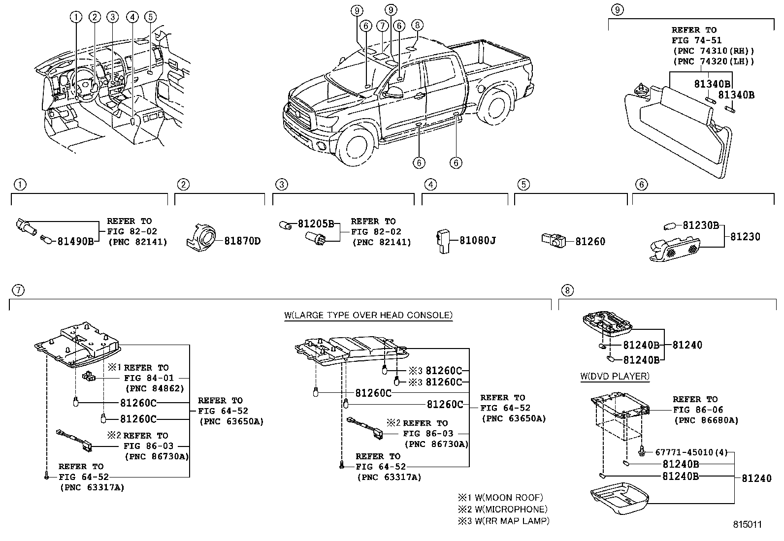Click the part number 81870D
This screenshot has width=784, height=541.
tap(242, 241)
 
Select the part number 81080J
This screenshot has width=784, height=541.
tap(477, 241)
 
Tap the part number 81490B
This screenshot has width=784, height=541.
tap(75, 241)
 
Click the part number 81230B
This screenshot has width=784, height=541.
tap(700, 226)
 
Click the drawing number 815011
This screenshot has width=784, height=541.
tap(746, 525)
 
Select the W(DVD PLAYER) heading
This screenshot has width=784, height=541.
tap(615, 377)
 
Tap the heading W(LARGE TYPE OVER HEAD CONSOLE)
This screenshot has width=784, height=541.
tap(368, 315)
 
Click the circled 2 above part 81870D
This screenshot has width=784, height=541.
tap(183, 185)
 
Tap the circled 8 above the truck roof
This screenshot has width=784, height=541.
tap(417, 25)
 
